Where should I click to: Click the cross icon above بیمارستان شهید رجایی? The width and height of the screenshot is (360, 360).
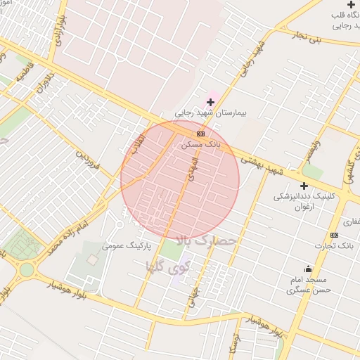click(210, 103)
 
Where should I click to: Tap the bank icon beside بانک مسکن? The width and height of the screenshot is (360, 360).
click(201, 133)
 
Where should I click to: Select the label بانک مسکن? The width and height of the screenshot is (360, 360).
click(200, 143)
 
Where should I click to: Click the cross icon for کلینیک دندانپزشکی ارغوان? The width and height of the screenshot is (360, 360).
click(304, 186)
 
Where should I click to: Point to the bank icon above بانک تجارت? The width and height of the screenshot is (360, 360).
click(334, 235)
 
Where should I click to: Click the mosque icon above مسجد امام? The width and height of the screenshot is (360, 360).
click(308, 269)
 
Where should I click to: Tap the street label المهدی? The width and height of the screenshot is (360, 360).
click(191, 167)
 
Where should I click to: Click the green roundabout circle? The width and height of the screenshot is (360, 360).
click(27, 269)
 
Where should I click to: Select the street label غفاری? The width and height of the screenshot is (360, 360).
click(351, 221)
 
